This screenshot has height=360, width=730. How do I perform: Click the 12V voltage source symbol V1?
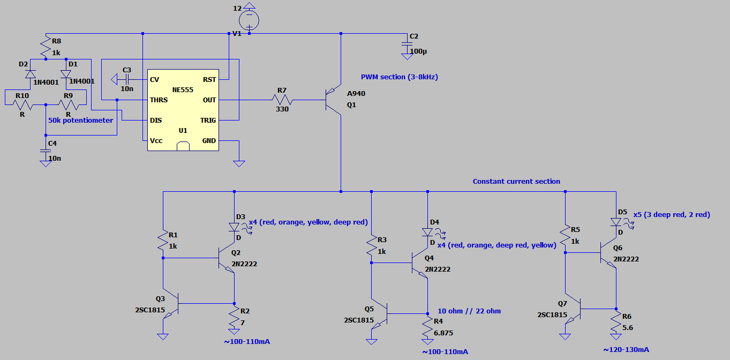(249, 20)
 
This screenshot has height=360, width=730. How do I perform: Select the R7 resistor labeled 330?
(282, 100)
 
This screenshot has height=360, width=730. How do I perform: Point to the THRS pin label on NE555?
(159, 100)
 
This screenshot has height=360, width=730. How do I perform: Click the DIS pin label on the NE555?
(156, 121)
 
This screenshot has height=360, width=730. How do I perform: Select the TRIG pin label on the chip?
(208, 121)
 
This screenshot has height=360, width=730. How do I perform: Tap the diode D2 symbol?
(31, 74)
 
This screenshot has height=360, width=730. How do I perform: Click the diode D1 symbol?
(66, 74)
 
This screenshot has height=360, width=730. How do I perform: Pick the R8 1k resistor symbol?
(46, 47)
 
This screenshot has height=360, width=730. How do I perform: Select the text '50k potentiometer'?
(80, 121)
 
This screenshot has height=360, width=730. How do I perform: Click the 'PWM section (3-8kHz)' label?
(399, 77)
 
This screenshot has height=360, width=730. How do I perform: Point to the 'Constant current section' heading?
(516, 182)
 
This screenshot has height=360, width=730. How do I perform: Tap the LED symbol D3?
(235, 227)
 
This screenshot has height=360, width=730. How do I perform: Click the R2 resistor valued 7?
(235, 319)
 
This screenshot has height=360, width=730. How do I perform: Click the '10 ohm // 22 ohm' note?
(469, 311)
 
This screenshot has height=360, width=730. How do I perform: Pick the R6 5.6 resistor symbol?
(616, 322)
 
